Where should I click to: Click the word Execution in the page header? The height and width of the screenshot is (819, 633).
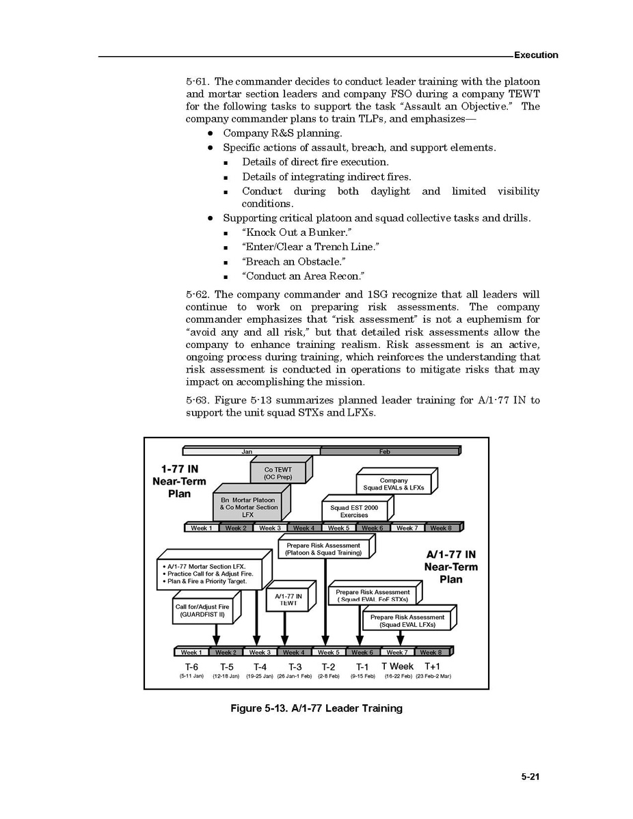point(535,55)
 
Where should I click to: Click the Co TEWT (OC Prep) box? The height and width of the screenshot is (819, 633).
point(278,474)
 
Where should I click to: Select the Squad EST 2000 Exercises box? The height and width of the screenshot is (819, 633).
point(354,511)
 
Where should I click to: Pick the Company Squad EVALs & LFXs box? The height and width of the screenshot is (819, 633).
point(393,484)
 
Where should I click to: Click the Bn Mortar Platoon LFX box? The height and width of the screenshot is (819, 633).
point(248,507)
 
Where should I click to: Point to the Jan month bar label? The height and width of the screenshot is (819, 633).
point(247,451)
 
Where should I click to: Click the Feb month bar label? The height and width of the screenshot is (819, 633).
point(385,451)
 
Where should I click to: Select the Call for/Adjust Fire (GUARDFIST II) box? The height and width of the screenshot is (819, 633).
point(202,610)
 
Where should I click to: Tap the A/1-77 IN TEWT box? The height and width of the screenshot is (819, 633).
point(288,600)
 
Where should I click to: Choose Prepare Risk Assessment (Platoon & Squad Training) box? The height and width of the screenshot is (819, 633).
point(323,549)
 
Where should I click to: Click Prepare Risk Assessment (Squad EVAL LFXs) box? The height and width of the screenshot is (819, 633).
point(407,621)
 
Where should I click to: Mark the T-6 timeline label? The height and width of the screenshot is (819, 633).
point(191,667)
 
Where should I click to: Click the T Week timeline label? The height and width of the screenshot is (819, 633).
point(397,666)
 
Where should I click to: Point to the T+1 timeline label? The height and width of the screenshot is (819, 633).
point(432,666)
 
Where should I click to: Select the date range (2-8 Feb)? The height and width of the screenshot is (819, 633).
point(328,676)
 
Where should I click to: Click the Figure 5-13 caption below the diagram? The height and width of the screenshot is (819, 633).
point(316,708)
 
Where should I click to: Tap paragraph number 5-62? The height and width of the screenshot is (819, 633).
point(198,295)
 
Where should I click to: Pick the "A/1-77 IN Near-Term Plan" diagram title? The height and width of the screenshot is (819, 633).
point(450,567)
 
